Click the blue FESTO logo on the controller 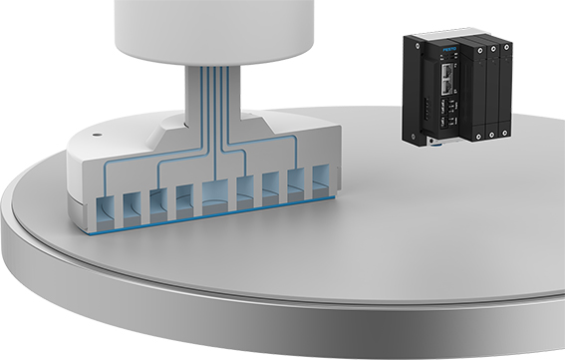(449, 49)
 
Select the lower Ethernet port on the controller (447, 86)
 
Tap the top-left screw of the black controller (417, 47)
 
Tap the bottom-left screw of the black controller (414, 136)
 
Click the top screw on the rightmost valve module (506, 47)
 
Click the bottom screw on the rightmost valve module (504, 134)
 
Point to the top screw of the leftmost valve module (480, 50)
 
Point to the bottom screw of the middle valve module (491, 136)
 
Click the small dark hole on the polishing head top (96, 136)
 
